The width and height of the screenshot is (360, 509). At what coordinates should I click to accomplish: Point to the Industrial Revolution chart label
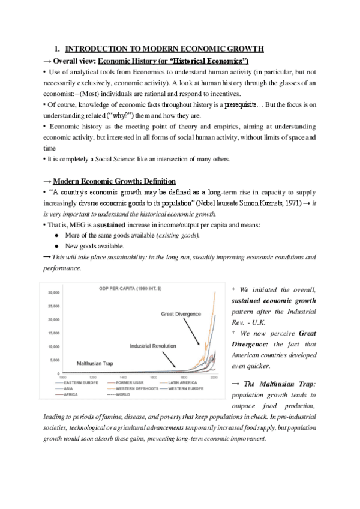152,346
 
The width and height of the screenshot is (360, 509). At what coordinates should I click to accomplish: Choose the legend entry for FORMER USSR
128,382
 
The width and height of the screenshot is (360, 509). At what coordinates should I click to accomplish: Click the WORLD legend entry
124,394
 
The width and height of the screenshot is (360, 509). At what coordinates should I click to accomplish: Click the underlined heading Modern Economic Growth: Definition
114,182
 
